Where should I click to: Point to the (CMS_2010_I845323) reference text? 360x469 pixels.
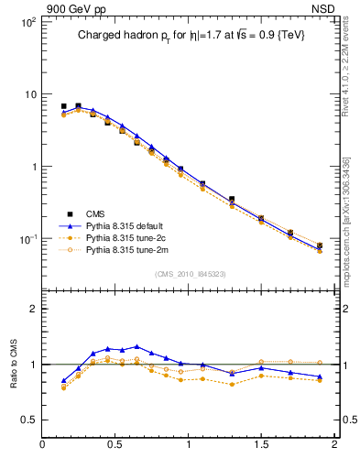click(190, 272)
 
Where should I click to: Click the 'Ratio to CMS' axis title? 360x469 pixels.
click(16, 365)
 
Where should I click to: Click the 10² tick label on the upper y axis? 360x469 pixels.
click(27, 22)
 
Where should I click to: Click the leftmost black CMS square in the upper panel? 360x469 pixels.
click(63, 106)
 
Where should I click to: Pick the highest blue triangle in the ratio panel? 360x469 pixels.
click(136, 347)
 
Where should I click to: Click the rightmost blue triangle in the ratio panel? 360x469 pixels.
click(320, 376)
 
